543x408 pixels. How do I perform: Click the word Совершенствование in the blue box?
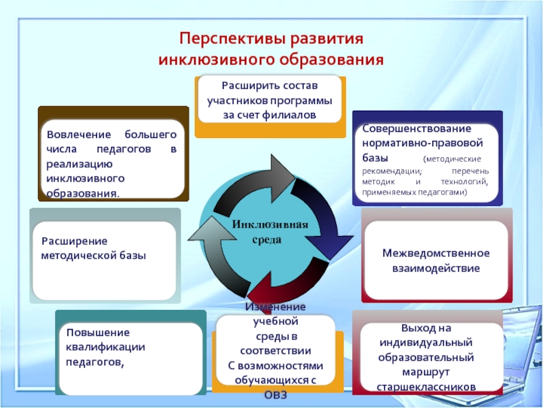(x=407, y=129)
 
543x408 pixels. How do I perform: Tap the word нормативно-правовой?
(x=421, y=143)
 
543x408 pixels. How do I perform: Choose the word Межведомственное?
(x=436, y=253)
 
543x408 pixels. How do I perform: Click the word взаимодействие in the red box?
(x=436, y=269)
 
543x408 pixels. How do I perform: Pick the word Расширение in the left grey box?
(x=74, y=241)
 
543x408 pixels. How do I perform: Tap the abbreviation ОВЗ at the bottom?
(x=276, y=394)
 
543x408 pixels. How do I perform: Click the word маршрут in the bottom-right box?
(x=426, y=372)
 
